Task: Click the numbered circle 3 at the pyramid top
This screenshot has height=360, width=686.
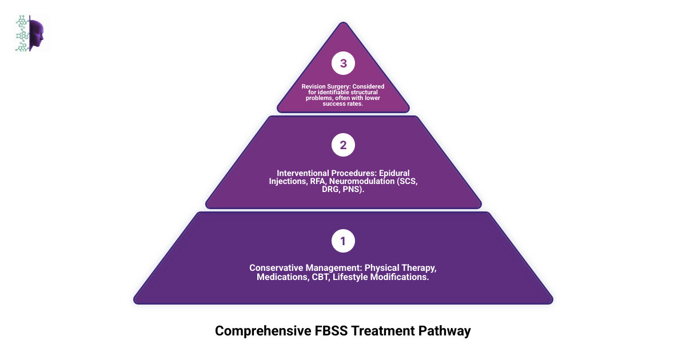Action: point(343,63)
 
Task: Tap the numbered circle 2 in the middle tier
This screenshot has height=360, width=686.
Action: point(343,145)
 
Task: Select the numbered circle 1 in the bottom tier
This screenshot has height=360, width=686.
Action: point(343,241)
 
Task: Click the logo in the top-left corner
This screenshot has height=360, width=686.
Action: point(32,34)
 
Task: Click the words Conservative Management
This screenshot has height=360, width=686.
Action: point(305,267)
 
